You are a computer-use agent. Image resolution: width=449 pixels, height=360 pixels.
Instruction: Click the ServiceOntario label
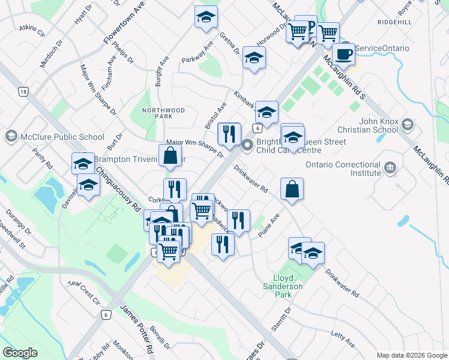tap(382, 49)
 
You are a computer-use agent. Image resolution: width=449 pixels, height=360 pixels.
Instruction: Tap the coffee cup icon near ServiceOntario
tap(343, 54)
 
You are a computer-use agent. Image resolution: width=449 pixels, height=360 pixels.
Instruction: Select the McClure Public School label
tap(62, 137)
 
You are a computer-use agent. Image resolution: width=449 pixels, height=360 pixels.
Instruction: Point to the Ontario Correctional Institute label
tap(343, 169)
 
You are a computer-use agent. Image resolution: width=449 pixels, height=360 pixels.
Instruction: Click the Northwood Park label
tap(163, 114)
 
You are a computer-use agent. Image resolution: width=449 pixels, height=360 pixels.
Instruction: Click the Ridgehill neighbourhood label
tap(395, 22)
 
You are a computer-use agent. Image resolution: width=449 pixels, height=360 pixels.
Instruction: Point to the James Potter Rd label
tap(138, 329)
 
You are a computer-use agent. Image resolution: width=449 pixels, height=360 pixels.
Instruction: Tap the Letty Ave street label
tap(343, 338)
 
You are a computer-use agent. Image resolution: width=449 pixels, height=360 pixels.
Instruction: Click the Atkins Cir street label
tap(32, 30)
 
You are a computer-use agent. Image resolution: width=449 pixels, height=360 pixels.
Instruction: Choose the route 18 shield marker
tap(23, 92)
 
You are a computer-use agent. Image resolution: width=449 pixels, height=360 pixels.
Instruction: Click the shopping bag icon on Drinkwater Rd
tap(292, 190)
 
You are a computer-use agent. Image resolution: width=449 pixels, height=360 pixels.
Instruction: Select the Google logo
tap(20, 353)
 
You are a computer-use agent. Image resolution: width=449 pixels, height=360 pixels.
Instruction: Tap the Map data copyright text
tap(411, 355)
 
